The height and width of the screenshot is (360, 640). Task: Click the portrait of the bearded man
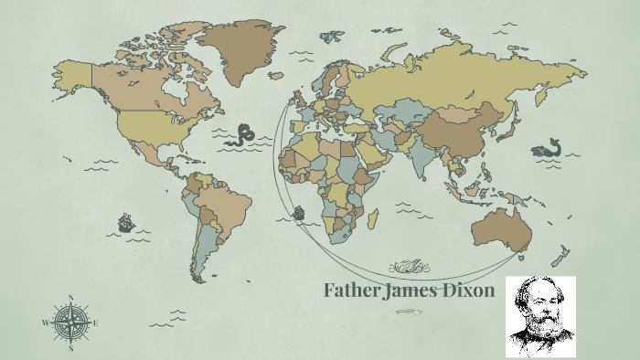(x=540, y=316)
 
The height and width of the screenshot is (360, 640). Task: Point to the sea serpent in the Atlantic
(x=243, y=135)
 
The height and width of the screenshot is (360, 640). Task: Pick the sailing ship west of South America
(x=125, y=222)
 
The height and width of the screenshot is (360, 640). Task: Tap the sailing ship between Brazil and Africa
(x=297, y=214)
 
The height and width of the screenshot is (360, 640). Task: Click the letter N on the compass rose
(x=71, y=298)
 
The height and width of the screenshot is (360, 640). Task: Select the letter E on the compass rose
(x=95, y=323)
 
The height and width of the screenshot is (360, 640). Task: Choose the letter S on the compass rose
(x=71, y=348)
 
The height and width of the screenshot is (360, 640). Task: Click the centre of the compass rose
(x=71, y=323)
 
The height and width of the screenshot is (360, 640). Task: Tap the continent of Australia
(x=500, y=228)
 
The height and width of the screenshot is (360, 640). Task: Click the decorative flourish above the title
(x=409, y=267)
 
